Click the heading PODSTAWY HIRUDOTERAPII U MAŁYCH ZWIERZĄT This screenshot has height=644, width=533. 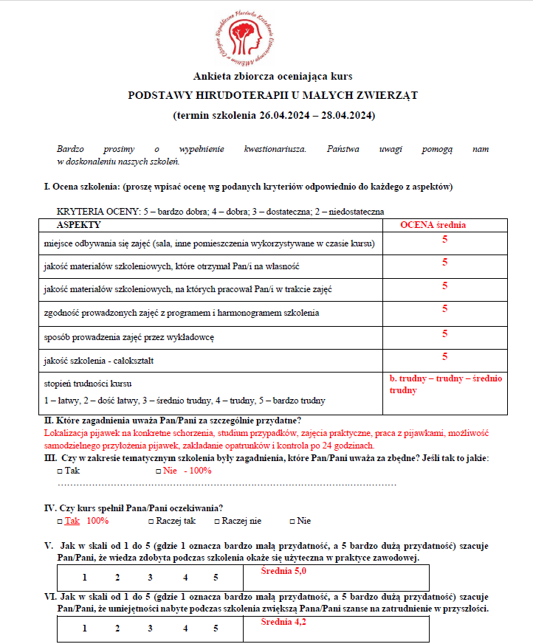click(x=273, y=95)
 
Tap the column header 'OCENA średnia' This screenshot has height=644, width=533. click(x=433, y=225)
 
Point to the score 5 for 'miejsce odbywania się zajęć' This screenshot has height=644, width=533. click(x=444, y=240)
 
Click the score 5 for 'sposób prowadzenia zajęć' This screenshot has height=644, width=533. click(x=444, y=334)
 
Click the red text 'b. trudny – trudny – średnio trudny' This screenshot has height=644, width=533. click(x=445, y=384)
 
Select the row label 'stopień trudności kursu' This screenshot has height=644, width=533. click(x=89, y=384)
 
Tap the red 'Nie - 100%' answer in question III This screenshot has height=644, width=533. click(x=186, y=471)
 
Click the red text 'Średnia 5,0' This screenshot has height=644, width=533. click(x=283, y=572)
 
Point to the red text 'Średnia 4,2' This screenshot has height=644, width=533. click(x=283, y=622)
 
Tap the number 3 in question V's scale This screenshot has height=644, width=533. click(x=150, y=578)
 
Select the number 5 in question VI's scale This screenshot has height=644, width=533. click(x=216, y=629)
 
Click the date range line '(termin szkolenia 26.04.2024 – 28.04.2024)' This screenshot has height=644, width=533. click(x=273, y=116)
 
